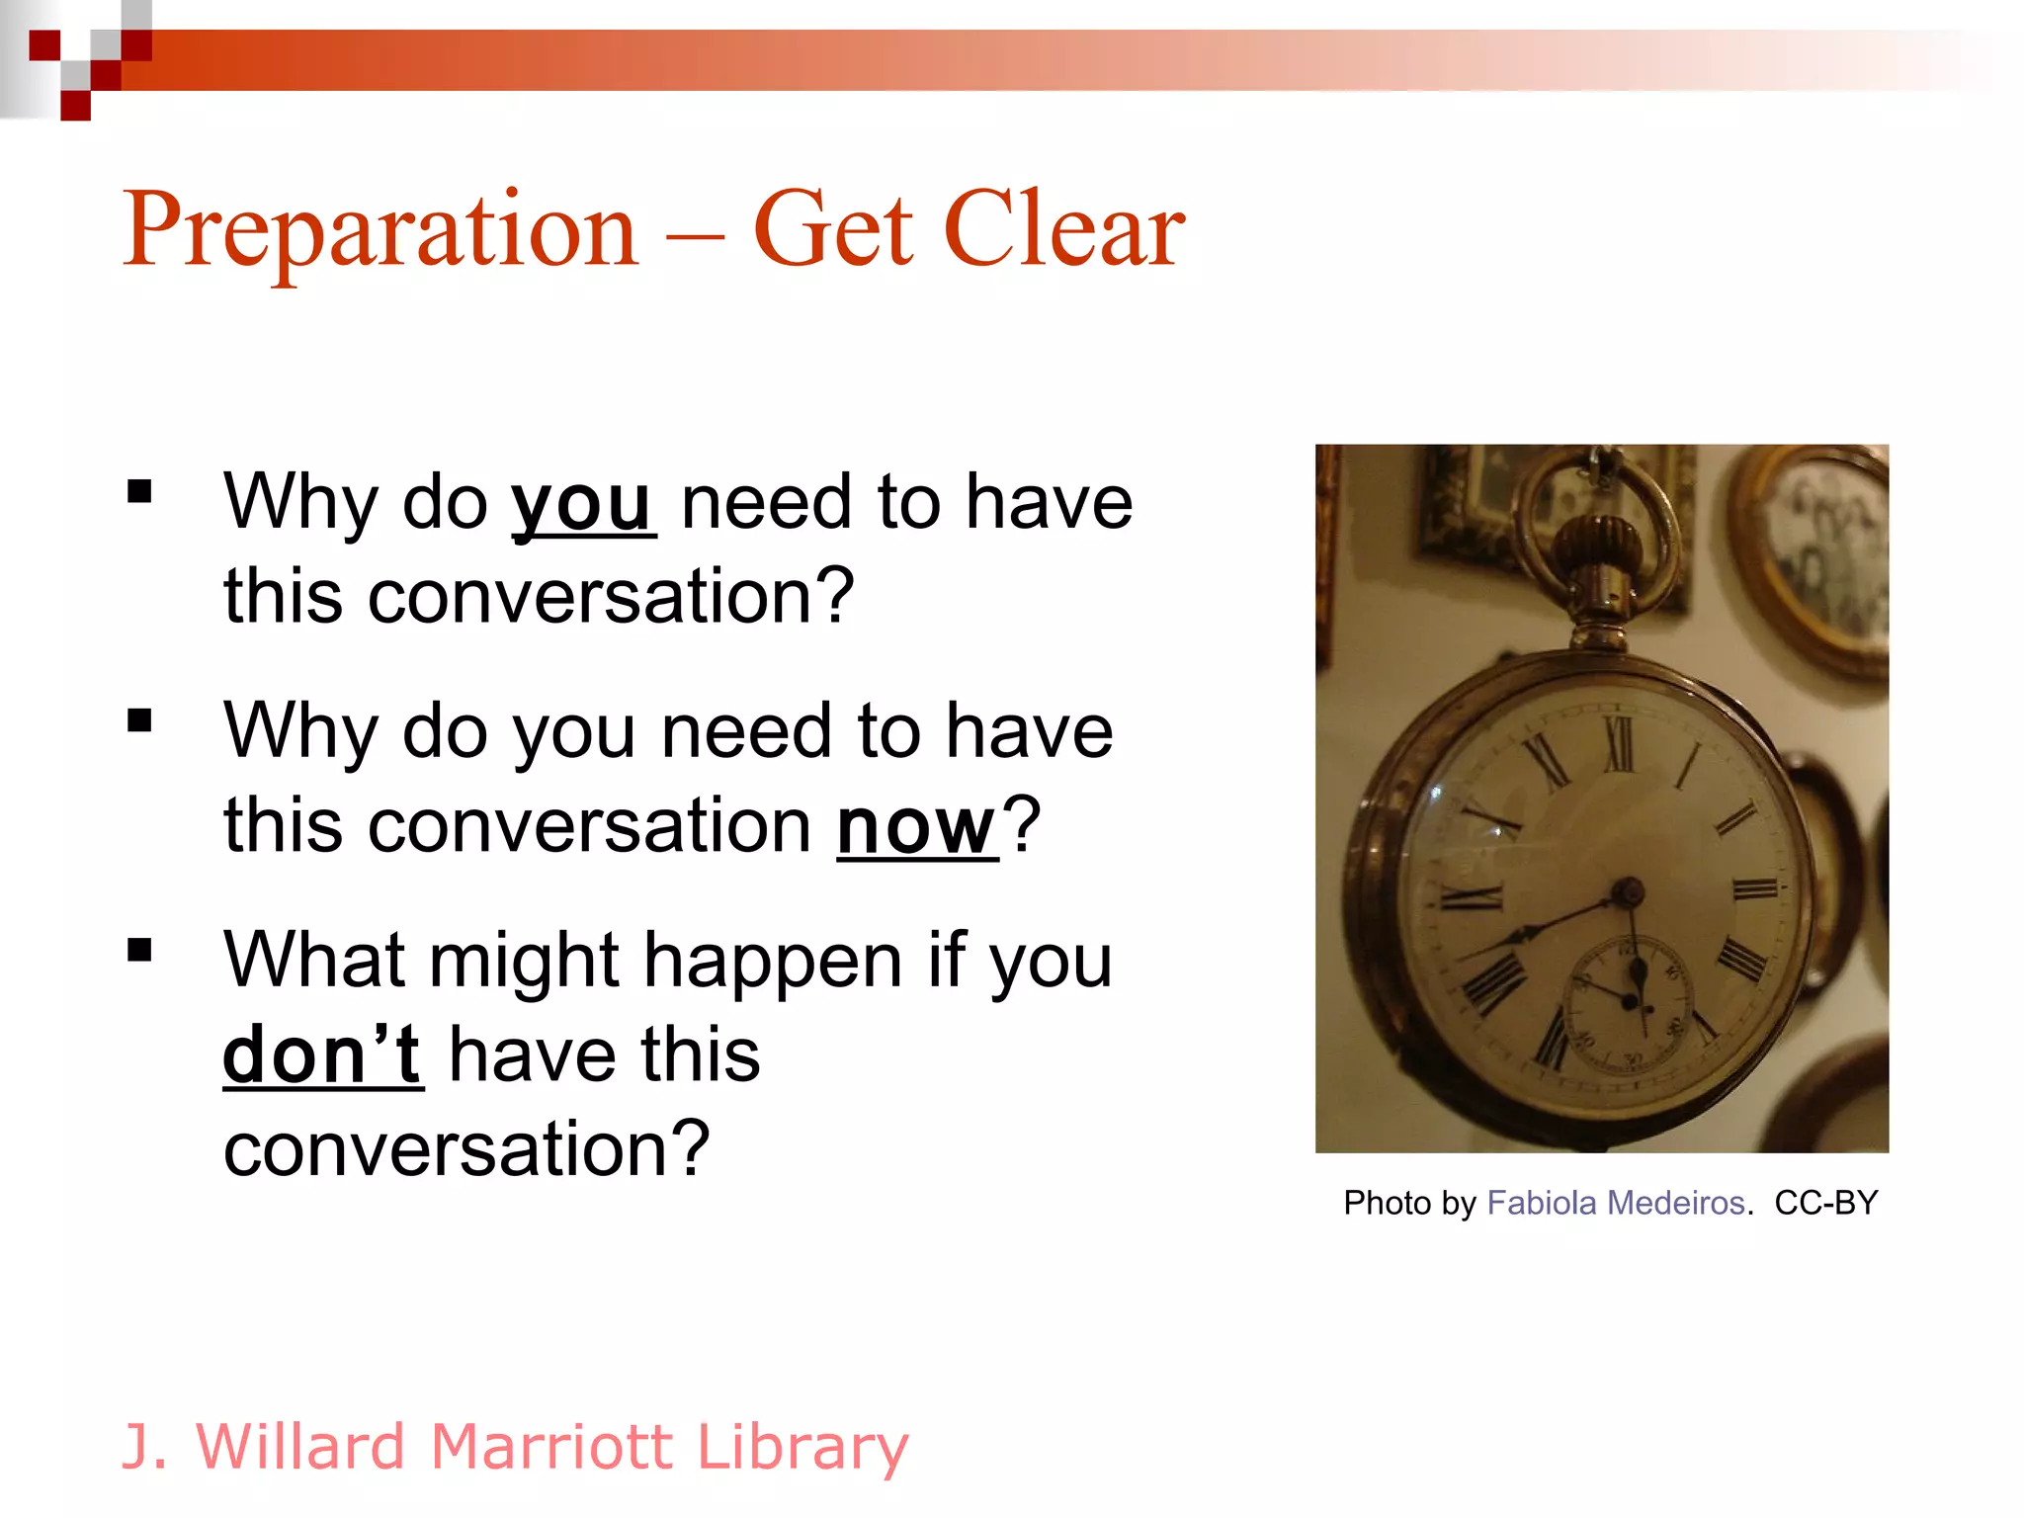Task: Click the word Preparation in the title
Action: tap(380, 229)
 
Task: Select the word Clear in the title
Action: tap(1064, 229)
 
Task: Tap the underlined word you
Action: tap(582, 504)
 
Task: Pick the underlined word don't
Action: tap(322, 1054)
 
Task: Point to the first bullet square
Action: tap(139, 491)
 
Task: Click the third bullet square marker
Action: tap(139, 950)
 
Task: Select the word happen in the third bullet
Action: tap(773, 961)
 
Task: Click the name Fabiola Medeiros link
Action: tap(1615, 1203)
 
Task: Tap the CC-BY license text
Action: tap(1825, 1203)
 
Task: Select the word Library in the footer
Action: tap(801, 1446)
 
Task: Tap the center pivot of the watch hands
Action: tap(1625, 892)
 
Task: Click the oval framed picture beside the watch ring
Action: tap(1823, 553)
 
